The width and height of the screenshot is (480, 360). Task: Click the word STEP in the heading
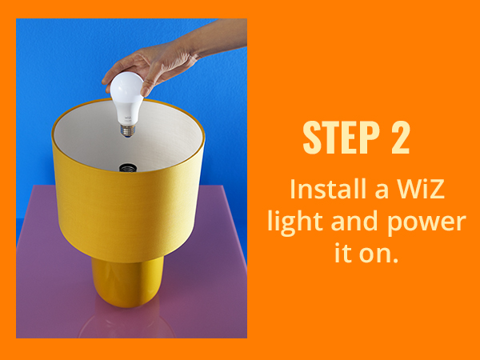click(342, 137)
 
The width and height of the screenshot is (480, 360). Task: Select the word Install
click(329, 189)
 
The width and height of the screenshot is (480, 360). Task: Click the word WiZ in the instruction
click(421, 189)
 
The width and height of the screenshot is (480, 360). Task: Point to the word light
click(295, 222)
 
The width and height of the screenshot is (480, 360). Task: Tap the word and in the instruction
click(354, 221)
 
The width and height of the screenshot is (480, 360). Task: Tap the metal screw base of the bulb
click(128, 130)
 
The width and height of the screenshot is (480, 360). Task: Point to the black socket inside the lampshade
click(128, 168)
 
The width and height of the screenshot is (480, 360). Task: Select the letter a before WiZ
click(382, 191)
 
